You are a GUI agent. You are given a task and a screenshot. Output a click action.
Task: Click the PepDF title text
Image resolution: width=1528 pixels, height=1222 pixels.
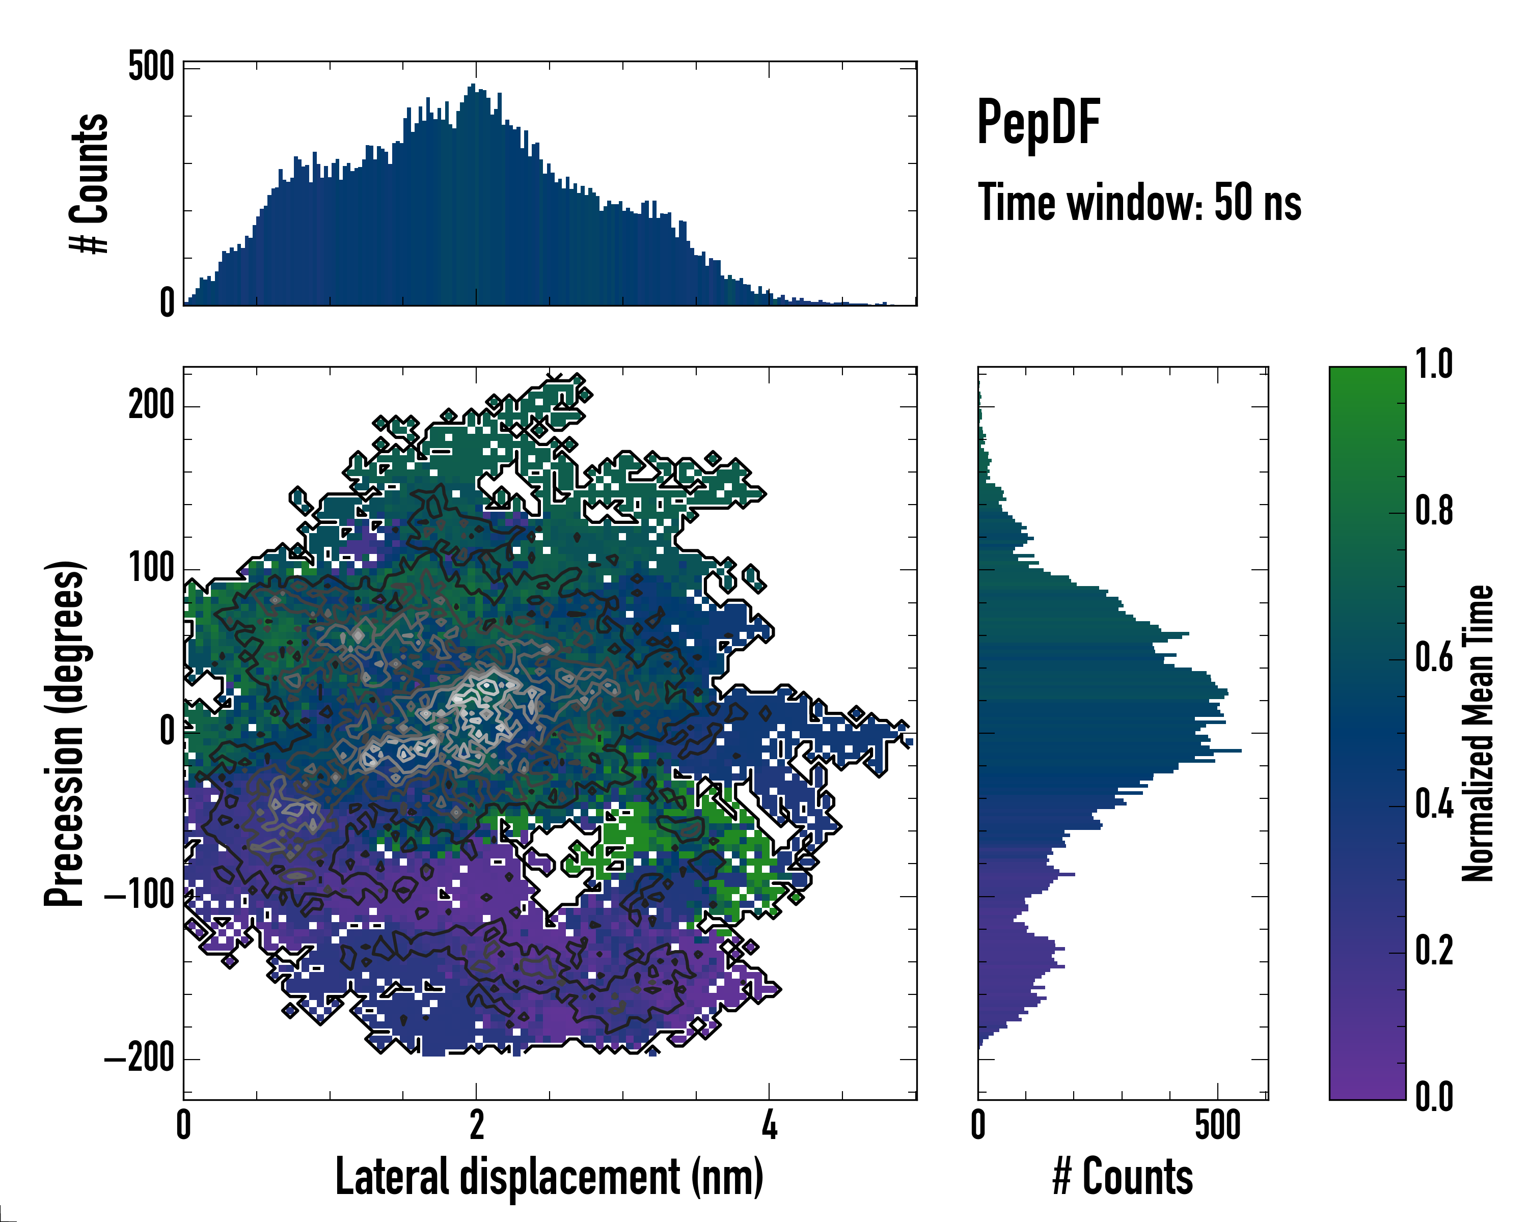tap(1038, 123)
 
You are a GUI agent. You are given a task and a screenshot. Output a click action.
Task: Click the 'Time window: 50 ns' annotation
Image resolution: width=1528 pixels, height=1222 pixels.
tap(1139, 203)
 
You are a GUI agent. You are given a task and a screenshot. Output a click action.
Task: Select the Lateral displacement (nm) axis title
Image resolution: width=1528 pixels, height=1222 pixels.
tap(549, 1177)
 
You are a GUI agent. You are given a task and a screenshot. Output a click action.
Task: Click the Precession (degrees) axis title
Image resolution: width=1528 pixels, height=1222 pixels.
tap(65, 734)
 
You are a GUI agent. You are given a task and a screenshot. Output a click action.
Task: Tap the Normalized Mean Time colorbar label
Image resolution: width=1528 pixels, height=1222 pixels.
tap(1478, 733)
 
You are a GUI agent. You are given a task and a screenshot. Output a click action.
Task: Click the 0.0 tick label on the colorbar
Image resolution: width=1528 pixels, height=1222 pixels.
tap(1434, 1097)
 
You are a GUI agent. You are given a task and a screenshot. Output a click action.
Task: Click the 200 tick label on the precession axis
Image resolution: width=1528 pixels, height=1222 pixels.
tap(151, 407)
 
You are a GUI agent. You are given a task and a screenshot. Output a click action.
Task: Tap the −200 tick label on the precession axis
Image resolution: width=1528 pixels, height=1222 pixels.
tap(140, 1059)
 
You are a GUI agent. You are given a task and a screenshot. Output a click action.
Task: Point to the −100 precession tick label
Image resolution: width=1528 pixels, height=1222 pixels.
tap(140, 896)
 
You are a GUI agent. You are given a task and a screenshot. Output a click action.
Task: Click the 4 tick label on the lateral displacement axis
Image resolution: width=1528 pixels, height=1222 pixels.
tap(770, 1126)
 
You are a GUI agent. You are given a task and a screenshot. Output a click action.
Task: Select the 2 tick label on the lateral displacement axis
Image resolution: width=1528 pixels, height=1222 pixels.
tap(476, 1126)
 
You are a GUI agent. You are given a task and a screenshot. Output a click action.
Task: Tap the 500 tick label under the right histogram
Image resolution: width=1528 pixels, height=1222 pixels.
tap(1218, 1126)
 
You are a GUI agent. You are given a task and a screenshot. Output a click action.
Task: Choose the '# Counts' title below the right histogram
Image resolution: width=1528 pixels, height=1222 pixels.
tap(1123, 1177)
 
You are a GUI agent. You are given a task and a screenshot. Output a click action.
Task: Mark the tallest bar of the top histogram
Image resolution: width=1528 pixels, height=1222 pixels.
tap(473, 195)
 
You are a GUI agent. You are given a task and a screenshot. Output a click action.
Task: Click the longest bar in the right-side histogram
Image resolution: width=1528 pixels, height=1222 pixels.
tap(1109, 750)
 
